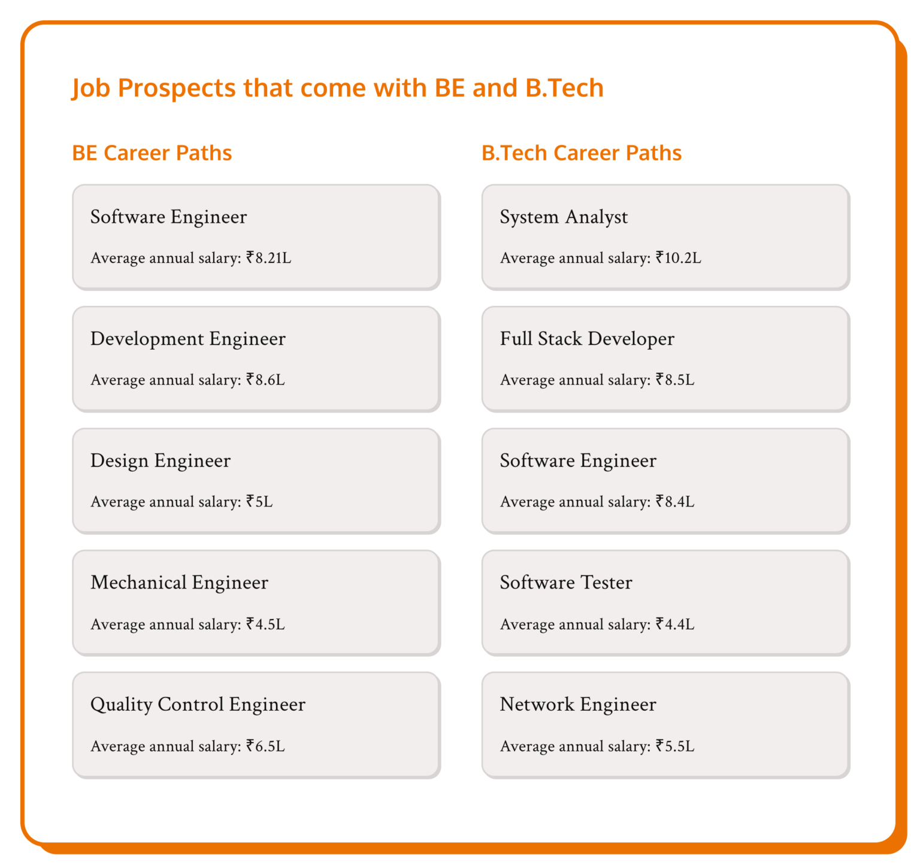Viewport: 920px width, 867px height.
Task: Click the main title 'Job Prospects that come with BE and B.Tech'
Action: click(337, 88)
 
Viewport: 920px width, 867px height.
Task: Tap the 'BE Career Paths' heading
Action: click(152, 153)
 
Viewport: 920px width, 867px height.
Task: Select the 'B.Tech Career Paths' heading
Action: click(581, 153)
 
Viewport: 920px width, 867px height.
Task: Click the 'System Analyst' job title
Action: click(564, 217)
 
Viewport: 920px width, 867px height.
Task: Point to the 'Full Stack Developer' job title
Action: click(587, 339)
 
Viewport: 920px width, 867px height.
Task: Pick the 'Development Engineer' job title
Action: click(188, 339)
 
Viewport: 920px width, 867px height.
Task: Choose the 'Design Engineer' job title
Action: click(161, 460)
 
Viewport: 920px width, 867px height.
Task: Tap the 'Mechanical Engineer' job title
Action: click(179, 583)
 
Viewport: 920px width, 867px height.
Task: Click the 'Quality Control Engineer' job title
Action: click(198, 705)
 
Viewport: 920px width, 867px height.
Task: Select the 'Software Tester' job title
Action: click(566, 583)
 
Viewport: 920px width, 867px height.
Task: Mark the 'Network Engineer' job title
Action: click(578, 705)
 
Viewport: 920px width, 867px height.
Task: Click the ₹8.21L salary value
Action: click(268, 258)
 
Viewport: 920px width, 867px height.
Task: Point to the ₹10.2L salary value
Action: click(678, 258)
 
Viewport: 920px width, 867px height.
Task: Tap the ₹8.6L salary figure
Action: click(265, 380)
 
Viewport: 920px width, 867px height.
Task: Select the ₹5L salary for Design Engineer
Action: click(259, 502)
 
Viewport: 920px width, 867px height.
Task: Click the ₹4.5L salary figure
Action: click(265, 625)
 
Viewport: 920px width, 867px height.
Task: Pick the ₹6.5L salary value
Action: click(265, 747)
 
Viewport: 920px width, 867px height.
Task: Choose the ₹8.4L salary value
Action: click(675, 502)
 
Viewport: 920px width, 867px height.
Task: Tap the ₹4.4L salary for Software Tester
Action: click(675, 625)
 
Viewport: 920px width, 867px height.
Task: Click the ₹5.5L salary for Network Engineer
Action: click(675, 747)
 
